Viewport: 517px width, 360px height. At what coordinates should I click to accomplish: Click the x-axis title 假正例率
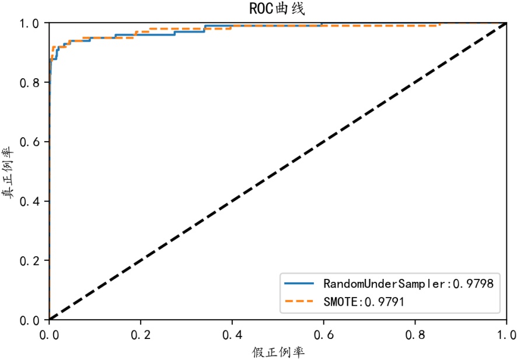[x=278, y=352]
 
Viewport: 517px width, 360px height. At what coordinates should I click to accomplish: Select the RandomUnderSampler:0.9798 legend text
[x=408, y=284]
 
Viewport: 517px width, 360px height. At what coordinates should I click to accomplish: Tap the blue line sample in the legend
[x=299, y=284]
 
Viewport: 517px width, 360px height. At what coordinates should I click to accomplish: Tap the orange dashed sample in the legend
[x=299, y=301]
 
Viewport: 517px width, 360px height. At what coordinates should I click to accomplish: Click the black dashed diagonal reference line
[x=278, y=172]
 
